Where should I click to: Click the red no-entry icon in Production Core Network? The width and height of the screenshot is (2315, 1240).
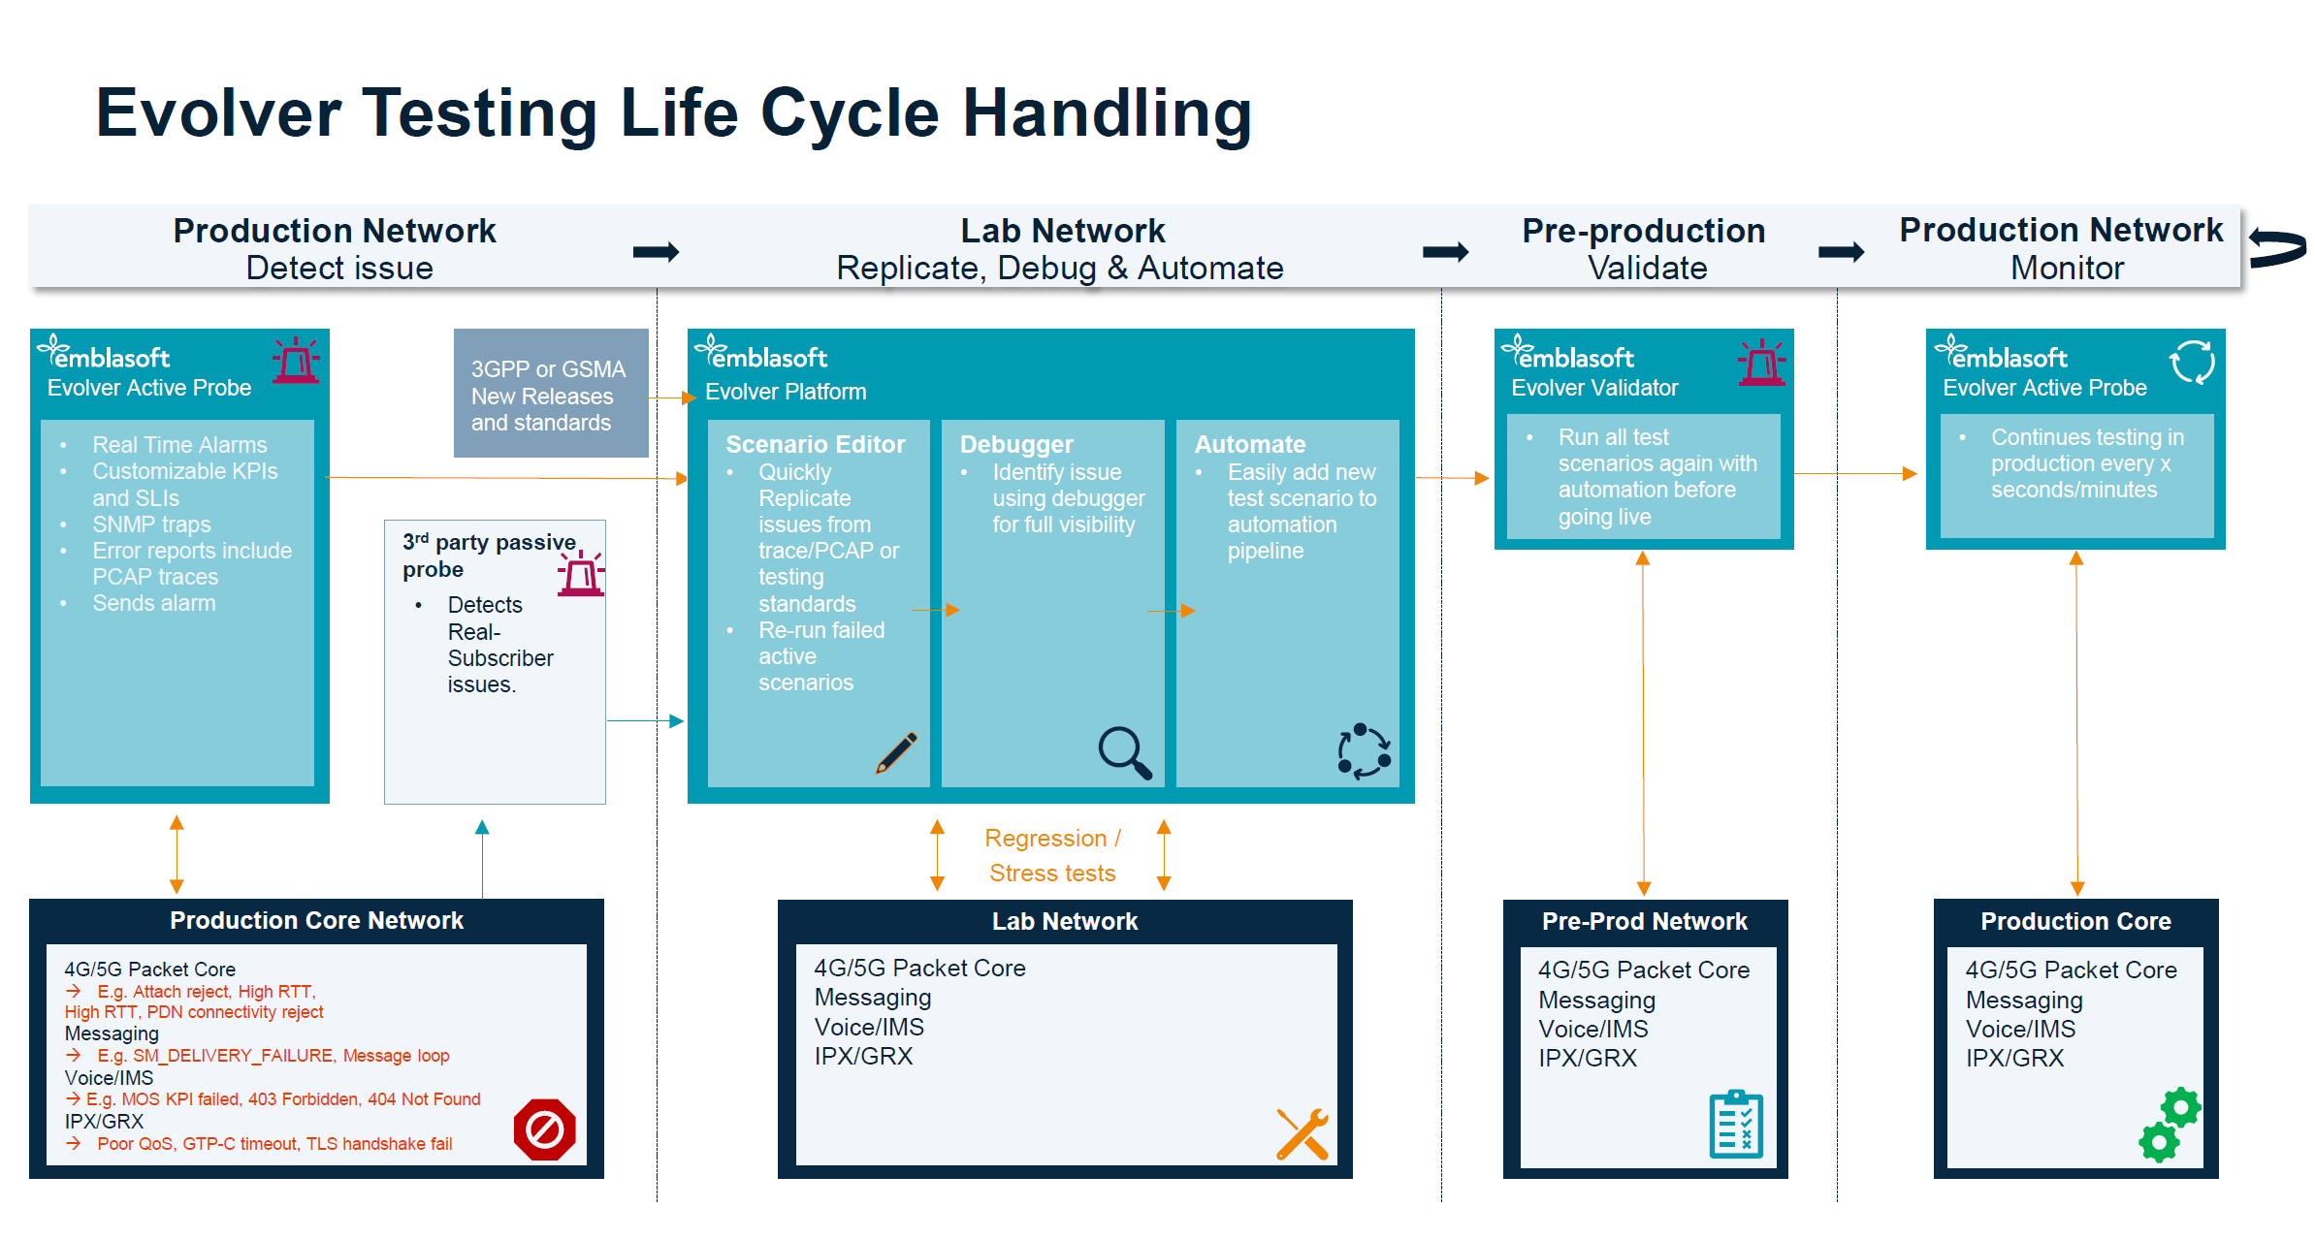pos(544,1129)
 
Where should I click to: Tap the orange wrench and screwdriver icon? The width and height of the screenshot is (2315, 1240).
pos(1302,1134)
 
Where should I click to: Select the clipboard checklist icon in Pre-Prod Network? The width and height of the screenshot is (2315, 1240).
pos(1736,1124)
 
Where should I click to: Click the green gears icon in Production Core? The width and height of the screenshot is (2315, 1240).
pos(2170,1124)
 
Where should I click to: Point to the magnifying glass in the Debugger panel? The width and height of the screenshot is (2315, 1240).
pos(1124,752)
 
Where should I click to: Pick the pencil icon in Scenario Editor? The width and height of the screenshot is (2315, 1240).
pos(897,752)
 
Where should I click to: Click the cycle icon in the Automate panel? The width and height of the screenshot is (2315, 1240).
pos(1364,750)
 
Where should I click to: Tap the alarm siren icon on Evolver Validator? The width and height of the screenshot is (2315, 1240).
pos(1761,363)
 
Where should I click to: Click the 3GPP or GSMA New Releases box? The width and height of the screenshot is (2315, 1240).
pos(550,395)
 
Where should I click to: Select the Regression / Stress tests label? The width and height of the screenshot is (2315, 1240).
pos(1052,855)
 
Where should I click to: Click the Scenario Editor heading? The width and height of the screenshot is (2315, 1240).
pos(815,444)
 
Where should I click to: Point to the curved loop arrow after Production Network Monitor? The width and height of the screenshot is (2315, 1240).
pos(2278,247)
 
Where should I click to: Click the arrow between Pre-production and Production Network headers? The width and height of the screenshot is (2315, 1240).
pos(1840,252)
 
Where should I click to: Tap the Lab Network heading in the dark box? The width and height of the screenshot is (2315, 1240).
pos(1064,921)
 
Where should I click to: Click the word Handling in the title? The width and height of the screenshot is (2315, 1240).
pos(1107,113)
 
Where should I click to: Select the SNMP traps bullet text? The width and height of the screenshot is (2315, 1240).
pos(151,525)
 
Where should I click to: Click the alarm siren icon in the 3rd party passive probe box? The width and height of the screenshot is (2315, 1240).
pos(581,573)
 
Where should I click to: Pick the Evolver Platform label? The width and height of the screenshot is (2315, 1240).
pos(786,392)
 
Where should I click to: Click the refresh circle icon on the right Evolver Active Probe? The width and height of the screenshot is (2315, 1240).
pos(2191,363)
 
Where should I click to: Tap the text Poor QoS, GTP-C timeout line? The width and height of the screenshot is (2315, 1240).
pos(274,1144)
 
